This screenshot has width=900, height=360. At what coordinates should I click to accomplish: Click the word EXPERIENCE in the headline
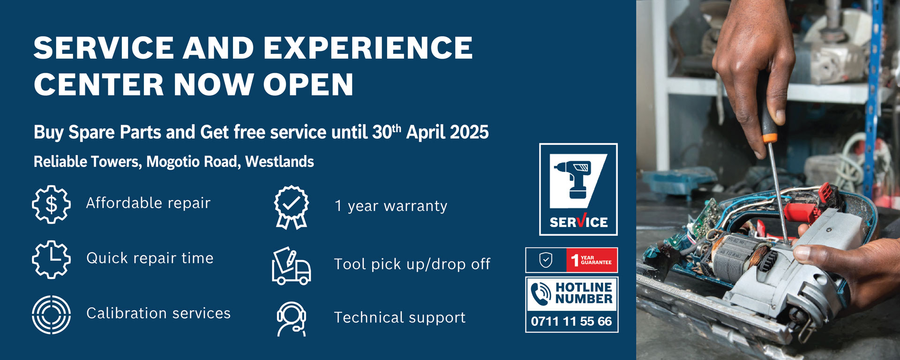[368, 48]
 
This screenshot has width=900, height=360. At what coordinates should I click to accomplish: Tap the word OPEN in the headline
[308, 84]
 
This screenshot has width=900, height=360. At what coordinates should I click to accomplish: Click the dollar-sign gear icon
[51, 204]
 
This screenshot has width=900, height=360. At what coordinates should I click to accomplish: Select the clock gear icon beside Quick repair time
[51, 259]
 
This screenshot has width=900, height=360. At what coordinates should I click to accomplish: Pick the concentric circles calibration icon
[51, 315]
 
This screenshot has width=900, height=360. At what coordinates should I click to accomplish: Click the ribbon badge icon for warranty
[292, 207]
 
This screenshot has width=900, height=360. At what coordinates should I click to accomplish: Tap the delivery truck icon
[291, 266]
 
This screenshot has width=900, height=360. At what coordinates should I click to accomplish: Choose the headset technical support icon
[291, 319]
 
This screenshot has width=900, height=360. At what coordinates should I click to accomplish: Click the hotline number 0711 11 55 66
[571, 321]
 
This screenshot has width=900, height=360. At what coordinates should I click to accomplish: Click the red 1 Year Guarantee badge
[592, 260]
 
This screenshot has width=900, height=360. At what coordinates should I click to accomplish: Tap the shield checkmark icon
[546, 260]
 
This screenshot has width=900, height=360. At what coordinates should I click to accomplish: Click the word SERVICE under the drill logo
[578, 221]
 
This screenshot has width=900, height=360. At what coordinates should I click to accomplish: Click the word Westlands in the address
[279, 162]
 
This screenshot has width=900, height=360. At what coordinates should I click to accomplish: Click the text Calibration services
[158, 313]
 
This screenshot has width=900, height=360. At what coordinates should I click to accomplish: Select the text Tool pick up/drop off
[412, 264]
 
